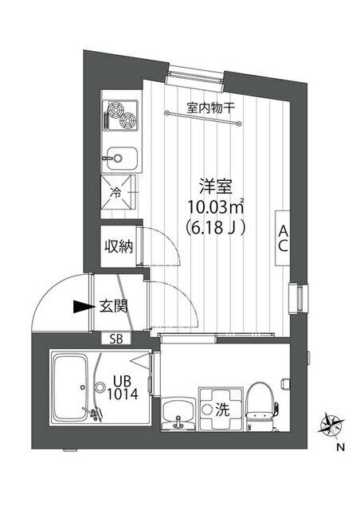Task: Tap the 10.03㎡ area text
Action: [215, 207]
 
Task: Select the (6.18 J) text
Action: [215, 227]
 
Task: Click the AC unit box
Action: [283, 238]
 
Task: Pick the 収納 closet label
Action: [118, 245]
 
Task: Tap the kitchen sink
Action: [120, 157]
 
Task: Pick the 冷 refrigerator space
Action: [118, 193]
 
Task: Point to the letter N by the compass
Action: [340, 446]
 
